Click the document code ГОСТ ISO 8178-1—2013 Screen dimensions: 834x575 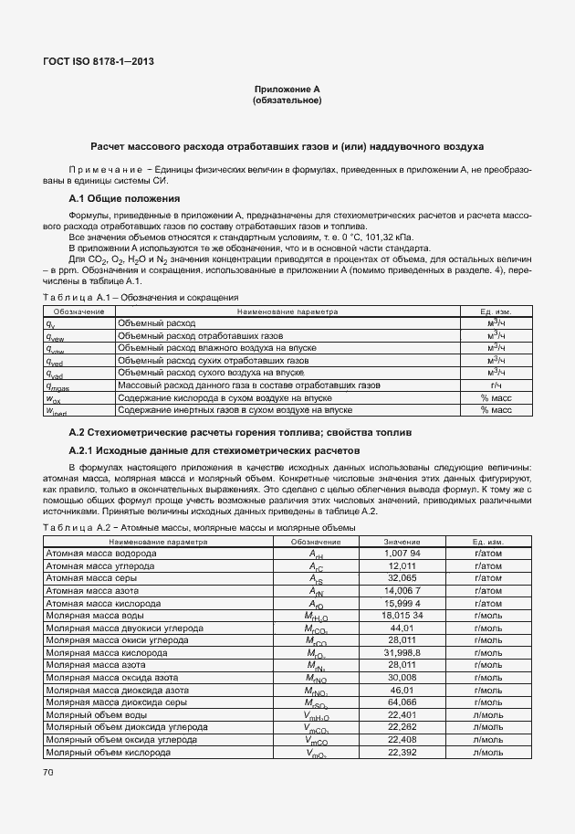click(99, 61)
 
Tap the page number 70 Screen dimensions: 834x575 click(47, 773)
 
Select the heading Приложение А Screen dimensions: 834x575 click(287, 90)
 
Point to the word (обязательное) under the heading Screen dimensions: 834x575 click(287, 100)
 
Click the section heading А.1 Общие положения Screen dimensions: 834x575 click(124, 198)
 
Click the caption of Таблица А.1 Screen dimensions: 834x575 click(141, 297)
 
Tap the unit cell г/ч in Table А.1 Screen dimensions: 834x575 click(497, 385)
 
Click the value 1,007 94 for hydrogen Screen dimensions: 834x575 click(402, 553)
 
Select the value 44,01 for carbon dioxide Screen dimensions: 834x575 click(402, 628)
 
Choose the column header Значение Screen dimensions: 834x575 click(402, 541)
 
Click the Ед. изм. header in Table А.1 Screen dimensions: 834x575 click(497, 311)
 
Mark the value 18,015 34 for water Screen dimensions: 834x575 click(402, 615)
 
